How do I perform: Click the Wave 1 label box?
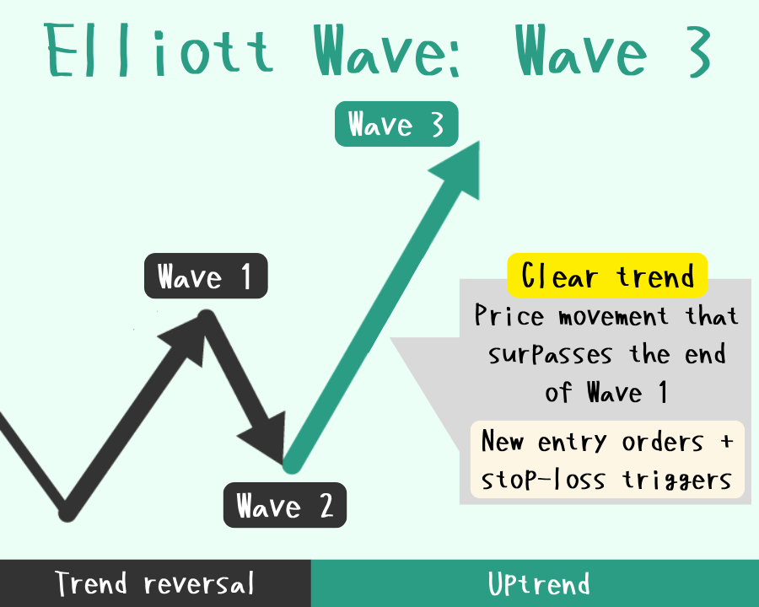206,276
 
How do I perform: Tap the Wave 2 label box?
285,505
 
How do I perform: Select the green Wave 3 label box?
396,124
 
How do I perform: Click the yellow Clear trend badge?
607,276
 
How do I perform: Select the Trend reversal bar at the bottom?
155,583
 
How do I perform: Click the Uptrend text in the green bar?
539,583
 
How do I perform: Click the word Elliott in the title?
159,51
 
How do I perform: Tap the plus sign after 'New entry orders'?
726,442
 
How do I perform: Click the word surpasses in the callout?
551,354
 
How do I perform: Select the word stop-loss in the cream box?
543,480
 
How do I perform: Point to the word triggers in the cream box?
676,481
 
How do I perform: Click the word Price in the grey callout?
509,315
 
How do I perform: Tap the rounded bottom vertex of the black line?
67,512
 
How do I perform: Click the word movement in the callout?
614,317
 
